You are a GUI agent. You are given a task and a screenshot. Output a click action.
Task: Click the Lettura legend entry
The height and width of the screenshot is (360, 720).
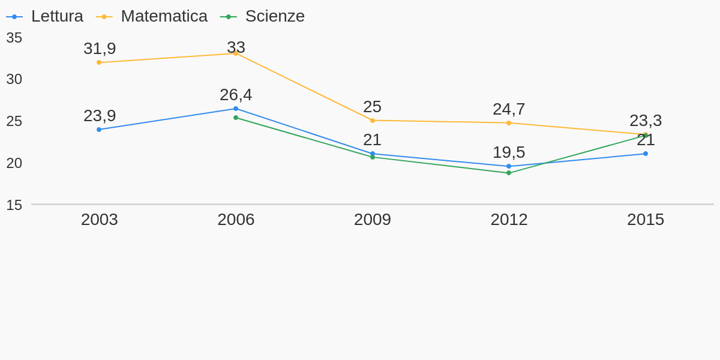coord(44,16)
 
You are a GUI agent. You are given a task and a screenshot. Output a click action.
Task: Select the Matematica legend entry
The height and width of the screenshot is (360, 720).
coord(152,16)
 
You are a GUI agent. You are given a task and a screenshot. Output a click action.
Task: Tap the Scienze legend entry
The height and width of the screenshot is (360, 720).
coord(262,16)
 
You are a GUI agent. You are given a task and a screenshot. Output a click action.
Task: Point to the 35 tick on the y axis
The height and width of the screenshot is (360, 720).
coord(14,38)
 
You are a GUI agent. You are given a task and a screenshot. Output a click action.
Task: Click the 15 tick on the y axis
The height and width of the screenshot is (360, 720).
coord(14,205)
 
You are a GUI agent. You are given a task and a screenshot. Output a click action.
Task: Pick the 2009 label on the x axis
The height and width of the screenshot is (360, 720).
coord(372,220)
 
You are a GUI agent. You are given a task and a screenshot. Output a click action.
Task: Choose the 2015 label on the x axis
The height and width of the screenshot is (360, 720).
coord(646,220)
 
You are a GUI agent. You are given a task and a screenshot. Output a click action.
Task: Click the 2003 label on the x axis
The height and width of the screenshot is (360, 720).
coord(100,220)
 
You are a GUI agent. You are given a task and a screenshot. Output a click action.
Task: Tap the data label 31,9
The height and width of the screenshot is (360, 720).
coord(100,49)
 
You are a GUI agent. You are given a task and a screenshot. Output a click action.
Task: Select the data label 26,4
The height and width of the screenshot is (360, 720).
coord(236,95)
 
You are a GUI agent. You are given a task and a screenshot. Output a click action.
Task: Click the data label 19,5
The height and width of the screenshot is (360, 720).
coord(509,152)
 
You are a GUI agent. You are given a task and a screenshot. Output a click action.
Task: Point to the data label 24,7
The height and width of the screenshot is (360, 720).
coord(509,109)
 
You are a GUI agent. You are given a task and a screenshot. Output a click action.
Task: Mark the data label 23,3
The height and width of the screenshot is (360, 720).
coord(646,121)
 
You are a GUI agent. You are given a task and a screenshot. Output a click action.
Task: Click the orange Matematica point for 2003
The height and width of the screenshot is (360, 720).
coord(99,62)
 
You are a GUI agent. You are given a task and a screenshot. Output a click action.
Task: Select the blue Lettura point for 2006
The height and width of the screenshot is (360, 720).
coord(236,109)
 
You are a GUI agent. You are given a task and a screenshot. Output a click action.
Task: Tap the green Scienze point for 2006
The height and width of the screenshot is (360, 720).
coord(236,118)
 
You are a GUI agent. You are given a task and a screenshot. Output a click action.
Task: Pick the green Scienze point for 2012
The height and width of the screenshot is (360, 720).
coord(509,173)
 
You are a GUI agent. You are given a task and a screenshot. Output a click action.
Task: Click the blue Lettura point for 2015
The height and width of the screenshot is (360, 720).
coord(646,154)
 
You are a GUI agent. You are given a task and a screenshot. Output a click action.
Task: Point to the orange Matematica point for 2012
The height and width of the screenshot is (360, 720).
coord(509,123)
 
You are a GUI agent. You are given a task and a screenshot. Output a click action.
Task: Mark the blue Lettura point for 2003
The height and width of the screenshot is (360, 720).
coord(99,130)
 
